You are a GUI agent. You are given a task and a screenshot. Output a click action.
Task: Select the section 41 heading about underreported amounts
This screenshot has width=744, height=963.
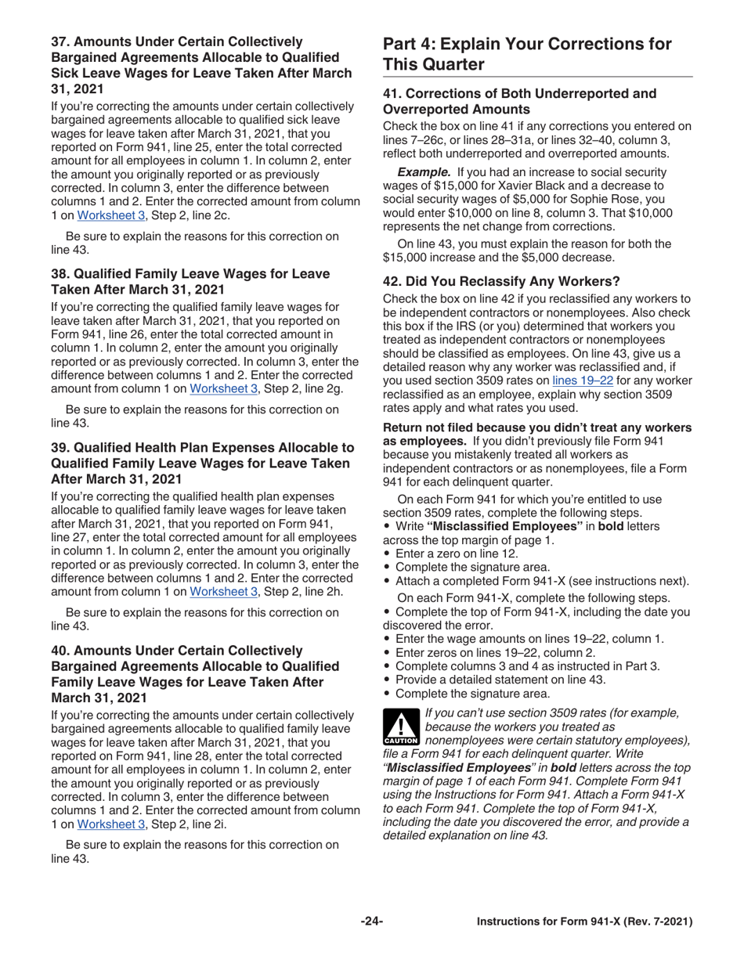click(518, 102)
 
